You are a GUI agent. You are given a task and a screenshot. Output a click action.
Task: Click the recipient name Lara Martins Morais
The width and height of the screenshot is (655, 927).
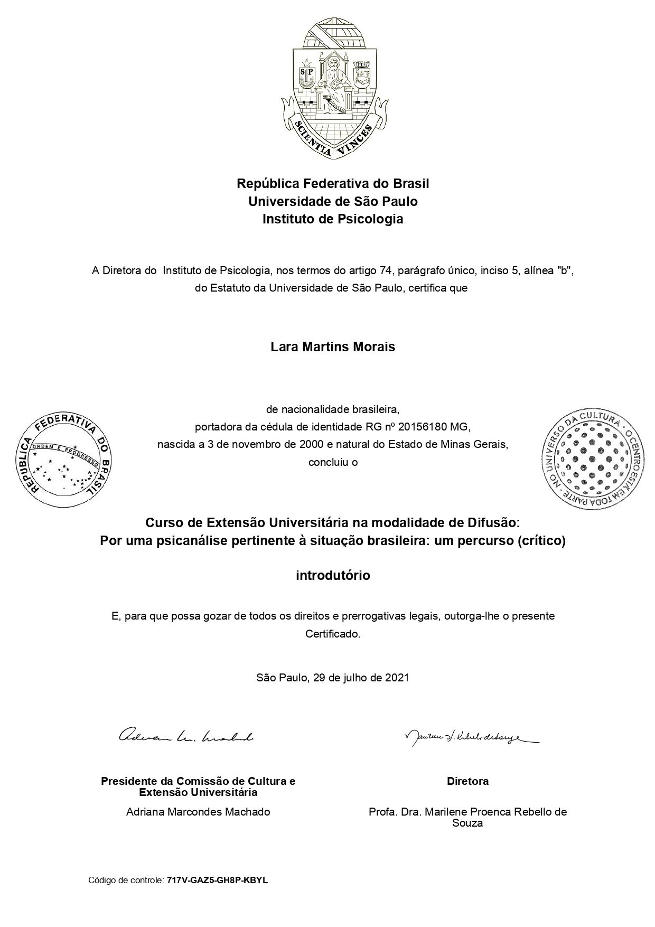pos(333,347)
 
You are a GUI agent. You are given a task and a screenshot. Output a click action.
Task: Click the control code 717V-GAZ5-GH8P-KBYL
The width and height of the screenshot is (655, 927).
pos(217,881)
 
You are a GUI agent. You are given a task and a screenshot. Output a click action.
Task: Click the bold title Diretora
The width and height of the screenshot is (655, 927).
pos(467,781)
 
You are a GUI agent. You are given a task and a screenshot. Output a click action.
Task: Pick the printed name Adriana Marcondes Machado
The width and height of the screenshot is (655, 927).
pos(198,812)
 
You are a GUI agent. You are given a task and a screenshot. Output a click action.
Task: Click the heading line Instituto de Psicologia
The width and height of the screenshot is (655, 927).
pos(333,219)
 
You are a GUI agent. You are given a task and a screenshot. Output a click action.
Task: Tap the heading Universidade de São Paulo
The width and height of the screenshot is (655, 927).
pos(333,201)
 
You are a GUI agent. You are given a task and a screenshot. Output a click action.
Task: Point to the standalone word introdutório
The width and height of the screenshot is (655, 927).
pos(333,576)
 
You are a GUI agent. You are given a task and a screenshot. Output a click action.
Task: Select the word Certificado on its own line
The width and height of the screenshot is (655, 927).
pos(332,634)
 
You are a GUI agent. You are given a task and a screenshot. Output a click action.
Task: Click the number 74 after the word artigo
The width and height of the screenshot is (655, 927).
pos(385,271)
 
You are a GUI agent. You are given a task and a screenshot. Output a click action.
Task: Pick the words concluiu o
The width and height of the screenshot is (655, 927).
pos(333,462)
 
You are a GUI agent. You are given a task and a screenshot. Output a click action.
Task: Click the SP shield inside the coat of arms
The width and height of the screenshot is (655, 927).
pos(307,74)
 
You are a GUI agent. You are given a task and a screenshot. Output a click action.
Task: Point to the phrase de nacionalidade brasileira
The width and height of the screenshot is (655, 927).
pos(333,409)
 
